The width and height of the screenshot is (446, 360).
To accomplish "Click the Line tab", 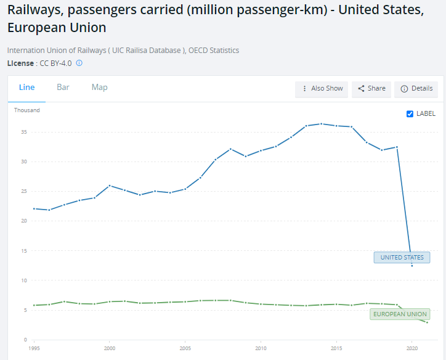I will coord(26,88).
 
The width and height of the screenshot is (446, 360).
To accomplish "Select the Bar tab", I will coord(63,88).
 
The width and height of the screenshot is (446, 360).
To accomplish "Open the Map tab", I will coord(99,88).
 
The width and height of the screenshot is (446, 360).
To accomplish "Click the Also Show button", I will coord(322,89).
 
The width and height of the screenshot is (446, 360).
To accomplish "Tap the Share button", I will coord(371,89).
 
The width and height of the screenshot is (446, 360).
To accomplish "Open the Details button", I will coord(416,89).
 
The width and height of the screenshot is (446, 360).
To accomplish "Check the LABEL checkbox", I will coord(410,113).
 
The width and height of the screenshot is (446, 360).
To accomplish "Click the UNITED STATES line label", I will coord(402,258).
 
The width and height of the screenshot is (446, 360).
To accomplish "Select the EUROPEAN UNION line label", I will coord(399,314).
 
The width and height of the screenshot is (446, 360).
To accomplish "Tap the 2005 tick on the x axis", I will coord(185,348).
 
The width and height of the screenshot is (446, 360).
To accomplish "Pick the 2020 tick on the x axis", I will coord(412,348).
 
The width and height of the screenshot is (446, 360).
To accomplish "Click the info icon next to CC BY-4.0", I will coord(79,63).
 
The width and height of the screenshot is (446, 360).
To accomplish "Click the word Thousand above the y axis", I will coord(27,110).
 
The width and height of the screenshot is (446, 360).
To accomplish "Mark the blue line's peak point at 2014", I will coord(321,124).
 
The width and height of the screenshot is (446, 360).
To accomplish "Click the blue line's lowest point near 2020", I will coord(412,266).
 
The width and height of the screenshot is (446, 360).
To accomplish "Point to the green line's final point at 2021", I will coord(427,322).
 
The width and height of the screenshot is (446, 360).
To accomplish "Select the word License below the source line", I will coord(20,63).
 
